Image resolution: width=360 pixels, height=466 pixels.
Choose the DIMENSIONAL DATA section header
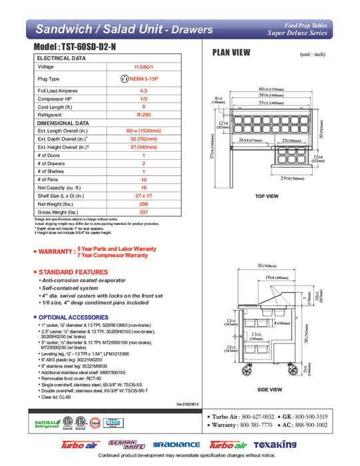(63, 123)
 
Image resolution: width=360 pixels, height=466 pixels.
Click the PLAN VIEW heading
(231, 53)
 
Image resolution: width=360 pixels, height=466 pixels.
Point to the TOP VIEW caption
(266, 196)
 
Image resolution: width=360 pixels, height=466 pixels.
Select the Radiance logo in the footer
(176, 445)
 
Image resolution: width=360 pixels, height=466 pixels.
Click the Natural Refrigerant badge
(47, 423)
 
